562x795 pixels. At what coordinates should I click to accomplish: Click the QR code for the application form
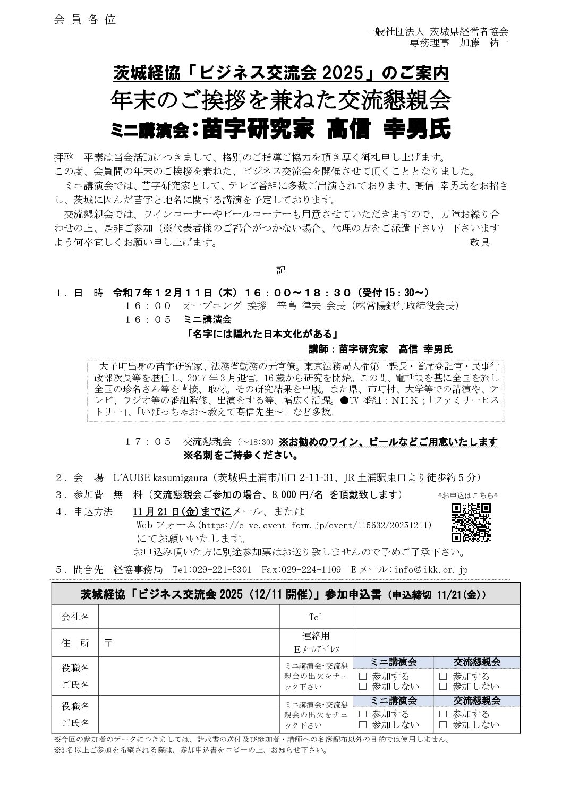[x=471, y=523]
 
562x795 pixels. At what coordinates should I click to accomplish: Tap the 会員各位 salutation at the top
[x=84, y=20]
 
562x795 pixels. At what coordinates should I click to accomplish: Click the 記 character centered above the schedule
[x=280, y=270]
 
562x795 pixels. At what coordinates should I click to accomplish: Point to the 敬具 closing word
[x=480, y=243]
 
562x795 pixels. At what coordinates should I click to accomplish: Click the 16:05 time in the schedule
[x=148, y=320]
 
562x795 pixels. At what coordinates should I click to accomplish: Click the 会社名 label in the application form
[x=75, y=617]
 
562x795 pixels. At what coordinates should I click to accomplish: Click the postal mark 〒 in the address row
[x=108, y=642]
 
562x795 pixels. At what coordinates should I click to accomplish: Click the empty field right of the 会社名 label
[x=189, y=617]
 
